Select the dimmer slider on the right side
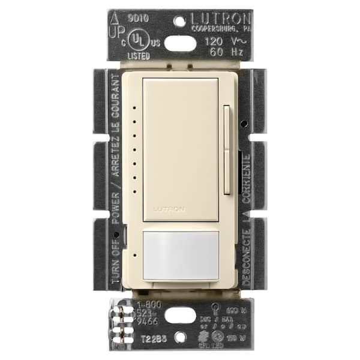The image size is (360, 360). pyautogui.click(x=226, y=150)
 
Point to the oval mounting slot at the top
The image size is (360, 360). pyautogui.click(x=180, y=43)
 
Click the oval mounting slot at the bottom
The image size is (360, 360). pyautogui.click(x=180, y=317)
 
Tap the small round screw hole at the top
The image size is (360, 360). pyautogui.click(x=180, y=20)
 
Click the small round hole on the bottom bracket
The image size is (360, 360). pyautogui.click(x=180, y=340)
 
